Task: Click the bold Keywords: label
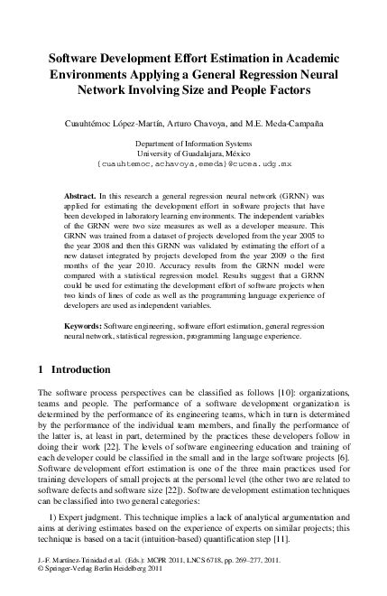tap(88, 323)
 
